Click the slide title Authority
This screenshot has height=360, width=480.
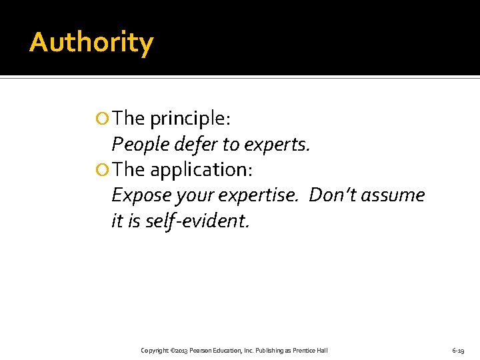pyautogui.click(x=91, y=43)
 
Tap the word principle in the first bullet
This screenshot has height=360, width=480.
pyautogui.click(x=190, y=119)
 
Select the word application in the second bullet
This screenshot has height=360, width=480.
pyautogui.click(x=201, y=170)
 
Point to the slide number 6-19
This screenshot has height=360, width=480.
pyautogui.click(x=458, y=351)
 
